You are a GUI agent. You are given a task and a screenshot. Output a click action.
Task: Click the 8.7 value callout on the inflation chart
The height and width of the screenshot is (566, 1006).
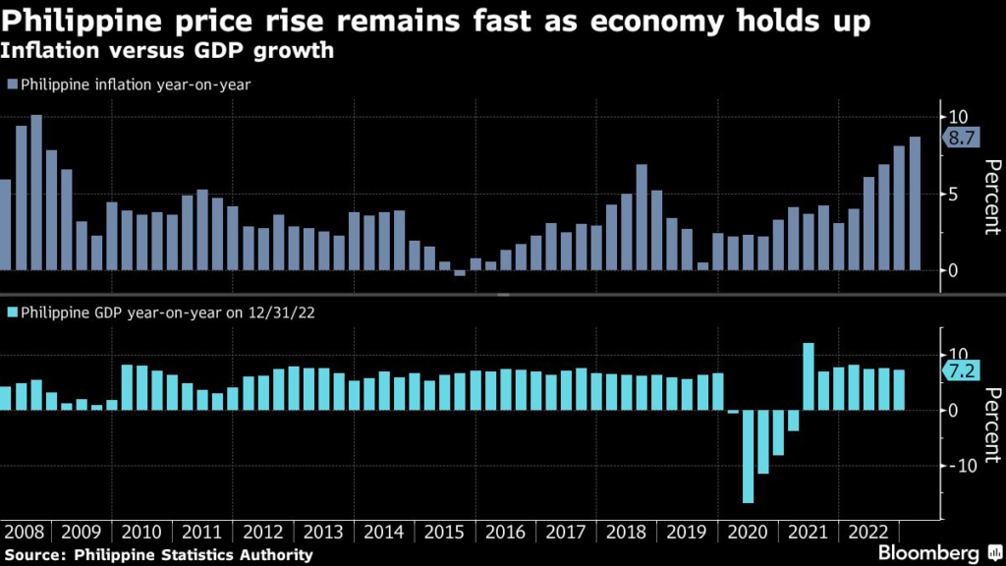[961, 139]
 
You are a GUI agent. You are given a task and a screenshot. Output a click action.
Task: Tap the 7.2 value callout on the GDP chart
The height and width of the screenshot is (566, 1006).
[961, 370]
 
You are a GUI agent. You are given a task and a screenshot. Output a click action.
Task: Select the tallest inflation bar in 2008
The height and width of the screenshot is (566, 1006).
[36, 193]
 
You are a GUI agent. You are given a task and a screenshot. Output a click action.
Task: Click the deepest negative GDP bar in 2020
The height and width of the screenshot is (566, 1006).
[748, 457]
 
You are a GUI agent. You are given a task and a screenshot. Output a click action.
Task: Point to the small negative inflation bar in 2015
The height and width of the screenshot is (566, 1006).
[460, 273]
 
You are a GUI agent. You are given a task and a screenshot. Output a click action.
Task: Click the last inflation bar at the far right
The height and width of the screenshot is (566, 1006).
[915, 203]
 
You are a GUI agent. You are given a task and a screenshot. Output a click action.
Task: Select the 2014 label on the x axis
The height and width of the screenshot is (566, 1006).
[383, 533]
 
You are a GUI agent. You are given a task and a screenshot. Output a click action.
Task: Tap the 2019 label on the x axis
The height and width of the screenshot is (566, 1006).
[687, 533]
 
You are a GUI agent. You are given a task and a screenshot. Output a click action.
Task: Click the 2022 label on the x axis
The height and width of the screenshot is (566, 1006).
[868, 533]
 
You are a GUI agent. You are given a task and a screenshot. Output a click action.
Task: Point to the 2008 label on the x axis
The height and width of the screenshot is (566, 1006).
[25, 533]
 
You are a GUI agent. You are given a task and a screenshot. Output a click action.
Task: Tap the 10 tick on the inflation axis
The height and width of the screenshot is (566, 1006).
[957, 117]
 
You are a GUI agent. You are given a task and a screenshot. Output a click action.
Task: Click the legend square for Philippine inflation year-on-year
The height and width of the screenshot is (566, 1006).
[12, 85]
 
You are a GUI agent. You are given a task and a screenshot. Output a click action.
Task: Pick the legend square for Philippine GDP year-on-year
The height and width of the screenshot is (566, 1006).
[12, 314]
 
